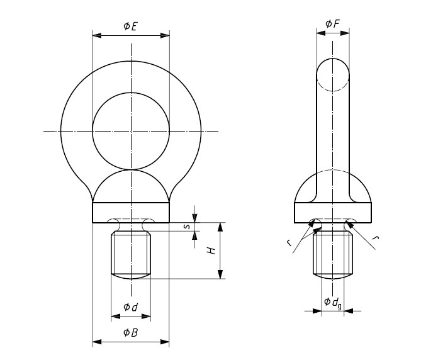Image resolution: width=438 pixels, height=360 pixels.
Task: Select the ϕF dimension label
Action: click(x=332, y=23)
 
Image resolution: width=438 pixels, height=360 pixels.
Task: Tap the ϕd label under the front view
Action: click(x=130, y=307)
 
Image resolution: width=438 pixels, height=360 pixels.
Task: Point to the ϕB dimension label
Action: click(x=130, y=332)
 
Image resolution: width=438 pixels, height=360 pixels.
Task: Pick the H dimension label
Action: click(x=212, y=250)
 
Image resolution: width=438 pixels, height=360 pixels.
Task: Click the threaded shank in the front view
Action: click(x=131, y=255)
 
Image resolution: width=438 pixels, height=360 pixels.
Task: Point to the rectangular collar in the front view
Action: click(x=131, y=212)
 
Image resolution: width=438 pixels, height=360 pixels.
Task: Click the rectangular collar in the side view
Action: click(x=332, y=212)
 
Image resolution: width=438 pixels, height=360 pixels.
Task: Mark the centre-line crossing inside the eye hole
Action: click(x=131, y=131)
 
